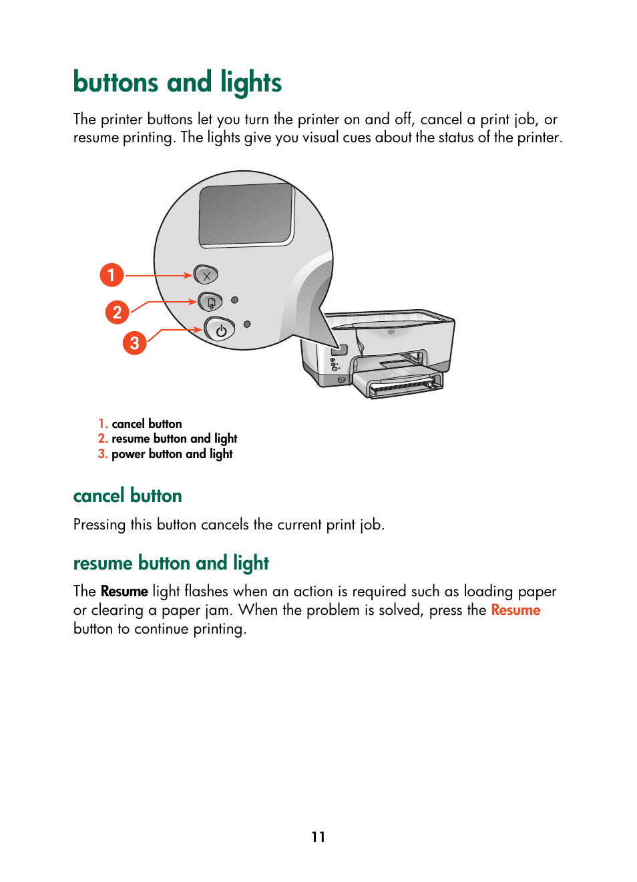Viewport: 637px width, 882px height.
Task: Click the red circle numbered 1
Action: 112,274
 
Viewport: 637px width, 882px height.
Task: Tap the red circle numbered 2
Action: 117,312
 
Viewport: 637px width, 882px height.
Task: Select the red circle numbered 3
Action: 134,343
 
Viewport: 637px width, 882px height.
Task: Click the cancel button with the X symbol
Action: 206,274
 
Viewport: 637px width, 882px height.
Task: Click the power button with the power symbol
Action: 220,330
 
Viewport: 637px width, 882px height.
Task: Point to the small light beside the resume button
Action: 234,300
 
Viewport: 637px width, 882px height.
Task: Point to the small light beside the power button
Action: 247,324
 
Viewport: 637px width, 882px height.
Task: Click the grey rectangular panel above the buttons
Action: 246,214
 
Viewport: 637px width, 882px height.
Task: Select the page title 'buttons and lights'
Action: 177,82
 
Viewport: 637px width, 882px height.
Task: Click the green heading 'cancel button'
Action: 128,495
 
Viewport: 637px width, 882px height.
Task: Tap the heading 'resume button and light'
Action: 171,563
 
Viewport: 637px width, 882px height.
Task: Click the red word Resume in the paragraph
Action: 515,610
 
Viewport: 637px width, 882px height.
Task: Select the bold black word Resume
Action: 124,591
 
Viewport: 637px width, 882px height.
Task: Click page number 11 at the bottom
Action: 318,837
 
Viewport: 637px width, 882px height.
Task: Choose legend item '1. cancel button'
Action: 140,423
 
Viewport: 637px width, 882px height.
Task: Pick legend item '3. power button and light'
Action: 166,454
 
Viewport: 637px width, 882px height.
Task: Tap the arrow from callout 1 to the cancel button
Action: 158,275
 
